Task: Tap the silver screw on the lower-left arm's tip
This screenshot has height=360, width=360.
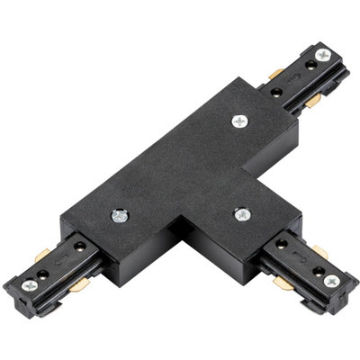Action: tap(30, 285)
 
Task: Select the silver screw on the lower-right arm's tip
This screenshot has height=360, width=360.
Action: tap(331, 282)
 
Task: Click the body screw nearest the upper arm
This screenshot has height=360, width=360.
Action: tap(240, 121)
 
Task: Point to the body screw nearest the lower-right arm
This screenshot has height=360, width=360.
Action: tap(241, 215)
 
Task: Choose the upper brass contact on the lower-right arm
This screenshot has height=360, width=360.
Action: tap(320, 251)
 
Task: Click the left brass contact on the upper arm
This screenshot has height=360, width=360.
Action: tap(275, 73)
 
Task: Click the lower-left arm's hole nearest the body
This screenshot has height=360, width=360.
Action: tap(79, 247)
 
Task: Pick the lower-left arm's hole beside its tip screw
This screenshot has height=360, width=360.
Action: tap(42, 274)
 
